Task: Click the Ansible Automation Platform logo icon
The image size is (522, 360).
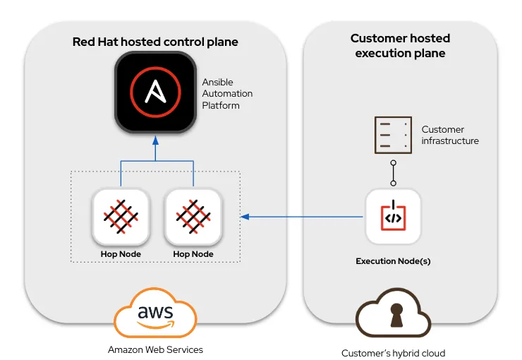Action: click(155, 94)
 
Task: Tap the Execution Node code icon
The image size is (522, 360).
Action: click(393, 216)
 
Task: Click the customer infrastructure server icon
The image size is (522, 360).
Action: click(392, 134)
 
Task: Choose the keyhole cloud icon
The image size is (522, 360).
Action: click(393, 315)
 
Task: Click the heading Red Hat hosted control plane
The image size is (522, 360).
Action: click(155, 42)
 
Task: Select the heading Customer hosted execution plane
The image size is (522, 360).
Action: click(400, 45)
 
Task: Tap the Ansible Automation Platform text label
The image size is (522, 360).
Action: click(227, 94)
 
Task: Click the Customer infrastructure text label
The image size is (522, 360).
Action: click(450, 135)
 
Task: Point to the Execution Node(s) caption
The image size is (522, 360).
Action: click(393, 261)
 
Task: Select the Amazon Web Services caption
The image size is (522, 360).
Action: click(155, 349)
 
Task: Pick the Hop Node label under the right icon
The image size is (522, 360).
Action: click(193, 254)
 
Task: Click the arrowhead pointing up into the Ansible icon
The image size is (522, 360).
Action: click(156, 142)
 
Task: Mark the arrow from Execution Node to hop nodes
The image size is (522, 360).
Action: click(303, 216)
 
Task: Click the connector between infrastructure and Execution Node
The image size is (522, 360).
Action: click(393, 174)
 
